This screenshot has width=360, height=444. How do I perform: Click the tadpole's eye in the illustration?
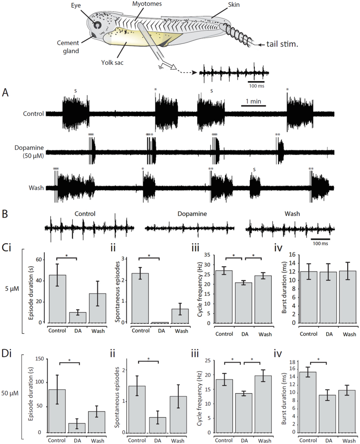click(x=97, y=23)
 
